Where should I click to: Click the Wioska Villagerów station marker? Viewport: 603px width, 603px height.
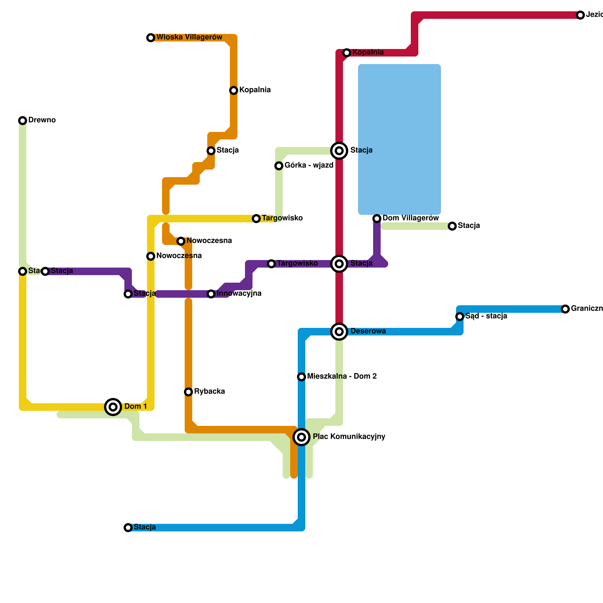(x=151, y=38)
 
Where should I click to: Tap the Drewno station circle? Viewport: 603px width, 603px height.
(x=23, y=121)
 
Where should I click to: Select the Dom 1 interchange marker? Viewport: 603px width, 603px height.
(x=113, y=407)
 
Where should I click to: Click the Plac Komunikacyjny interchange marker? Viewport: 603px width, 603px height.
(x=301, y=437)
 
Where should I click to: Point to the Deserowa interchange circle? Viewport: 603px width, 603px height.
(x=339, y=332)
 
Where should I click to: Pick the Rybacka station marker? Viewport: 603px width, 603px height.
(x=188, y=392)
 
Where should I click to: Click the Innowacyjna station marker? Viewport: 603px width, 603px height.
(x=211, y=294)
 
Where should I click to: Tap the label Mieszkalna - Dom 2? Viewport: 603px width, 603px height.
(x=342, y=376)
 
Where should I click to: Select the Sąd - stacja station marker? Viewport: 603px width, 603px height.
(x=460, y=317)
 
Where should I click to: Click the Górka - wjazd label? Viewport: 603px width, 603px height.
(x=309, y=165)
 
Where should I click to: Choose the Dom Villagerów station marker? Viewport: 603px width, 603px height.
(x=377, y=219)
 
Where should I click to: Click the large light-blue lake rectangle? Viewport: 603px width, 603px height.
(x=399, y=139)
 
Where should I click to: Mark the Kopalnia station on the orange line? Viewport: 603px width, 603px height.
(x=234, y=90)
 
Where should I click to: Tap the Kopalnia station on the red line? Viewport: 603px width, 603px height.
(x=347, y=53)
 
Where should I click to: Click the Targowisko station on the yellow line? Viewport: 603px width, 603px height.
(x=256, y=219)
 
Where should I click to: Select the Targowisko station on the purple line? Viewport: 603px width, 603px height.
(x=271, y=264)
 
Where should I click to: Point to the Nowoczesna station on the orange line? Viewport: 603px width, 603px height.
(x=181, y=241)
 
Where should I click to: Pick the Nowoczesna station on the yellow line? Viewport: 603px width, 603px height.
(x=151, y=256)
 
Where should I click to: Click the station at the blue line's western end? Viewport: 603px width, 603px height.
(x=128, y=528)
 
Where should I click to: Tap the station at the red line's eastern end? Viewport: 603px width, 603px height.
(x=580, y=15)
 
